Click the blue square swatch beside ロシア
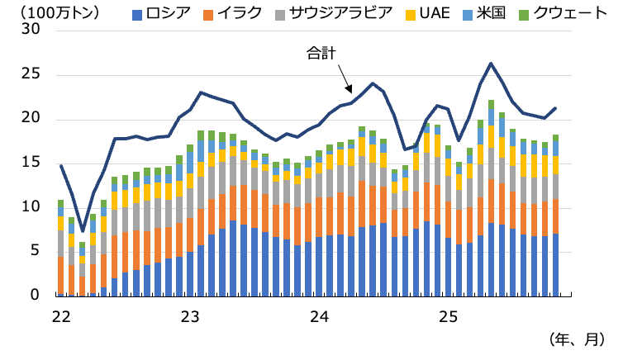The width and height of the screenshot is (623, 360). (x=136, y=13)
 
